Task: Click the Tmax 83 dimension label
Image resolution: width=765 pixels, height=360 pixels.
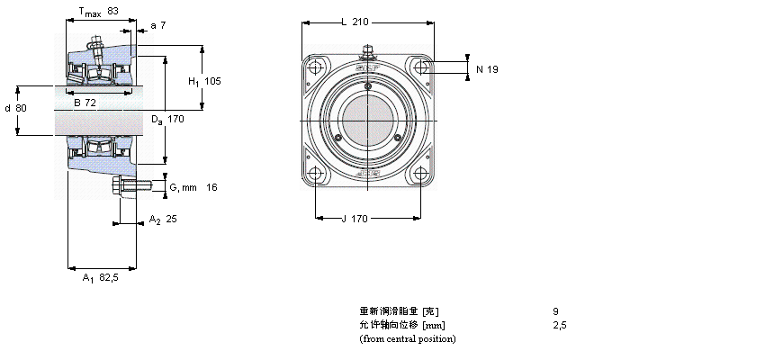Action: point(99,12)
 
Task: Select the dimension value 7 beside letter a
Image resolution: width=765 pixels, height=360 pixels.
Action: point(162,25)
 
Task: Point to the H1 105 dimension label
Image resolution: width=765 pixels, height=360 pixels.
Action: point(203,81)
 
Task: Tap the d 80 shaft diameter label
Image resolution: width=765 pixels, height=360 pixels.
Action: point(15,109)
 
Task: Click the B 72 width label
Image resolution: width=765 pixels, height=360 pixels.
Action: point(85,103)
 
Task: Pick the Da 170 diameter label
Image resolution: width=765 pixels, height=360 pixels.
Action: point(167,119)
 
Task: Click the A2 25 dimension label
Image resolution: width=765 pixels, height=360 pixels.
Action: point(162,220)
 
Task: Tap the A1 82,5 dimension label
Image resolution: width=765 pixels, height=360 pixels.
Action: point(101,278)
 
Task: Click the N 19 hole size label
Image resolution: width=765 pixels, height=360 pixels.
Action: point(487,68)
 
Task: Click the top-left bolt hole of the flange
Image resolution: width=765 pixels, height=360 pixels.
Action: point(314,68)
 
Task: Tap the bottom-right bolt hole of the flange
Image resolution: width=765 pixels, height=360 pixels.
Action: point(420,175)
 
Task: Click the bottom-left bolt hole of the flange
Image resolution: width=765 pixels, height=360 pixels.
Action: point(314,175)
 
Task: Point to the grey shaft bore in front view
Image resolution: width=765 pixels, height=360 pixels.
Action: point(367,121)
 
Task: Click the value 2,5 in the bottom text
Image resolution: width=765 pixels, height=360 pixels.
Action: point(559,325)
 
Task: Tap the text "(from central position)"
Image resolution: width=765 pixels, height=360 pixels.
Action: point(408,338)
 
